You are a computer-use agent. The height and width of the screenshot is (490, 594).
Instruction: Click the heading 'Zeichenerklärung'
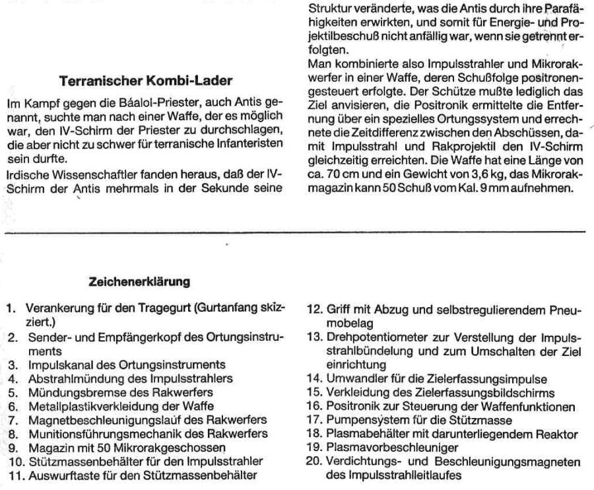coord(139,282)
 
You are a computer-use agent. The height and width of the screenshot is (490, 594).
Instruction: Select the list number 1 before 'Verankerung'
coord(11,308)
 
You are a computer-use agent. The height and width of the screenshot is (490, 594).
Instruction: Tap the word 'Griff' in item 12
coord(339,309)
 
